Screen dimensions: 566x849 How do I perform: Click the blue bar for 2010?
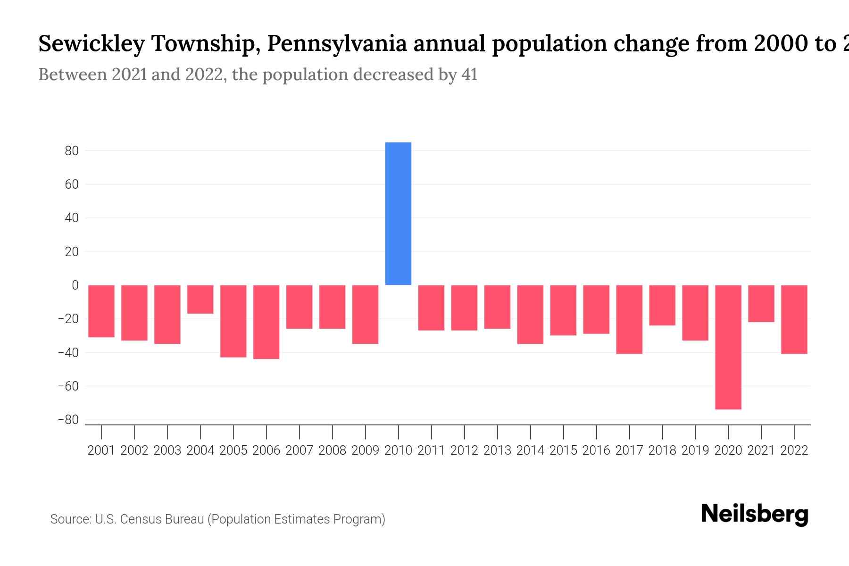(398, 213)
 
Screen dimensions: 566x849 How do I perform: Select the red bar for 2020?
(728, 347)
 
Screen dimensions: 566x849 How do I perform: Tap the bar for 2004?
(200, 299)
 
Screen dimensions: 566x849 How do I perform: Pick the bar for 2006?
(266, 322)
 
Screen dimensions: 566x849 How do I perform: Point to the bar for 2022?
(794, 319)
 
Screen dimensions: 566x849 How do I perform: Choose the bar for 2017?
(629, 319)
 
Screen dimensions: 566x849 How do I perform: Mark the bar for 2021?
(761, 303)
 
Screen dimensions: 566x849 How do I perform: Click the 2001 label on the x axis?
(101, 450)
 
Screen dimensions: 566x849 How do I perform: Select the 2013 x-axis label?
(497, 450)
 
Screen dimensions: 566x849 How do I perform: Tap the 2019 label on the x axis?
(695, 450)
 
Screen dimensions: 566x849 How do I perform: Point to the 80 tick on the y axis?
(72, 151)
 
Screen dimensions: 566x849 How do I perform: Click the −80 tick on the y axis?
(68, 420)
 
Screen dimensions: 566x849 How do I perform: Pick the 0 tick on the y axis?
(75, 285)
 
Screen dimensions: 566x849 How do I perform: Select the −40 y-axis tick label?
(68, 352)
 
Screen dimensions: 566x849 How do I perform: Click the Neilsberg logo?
(754, 514)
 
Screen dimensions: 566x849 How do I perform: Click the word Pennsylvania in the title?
(337, 44)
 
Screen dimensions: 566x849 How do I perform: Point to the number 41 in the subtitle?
(469, 75)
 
